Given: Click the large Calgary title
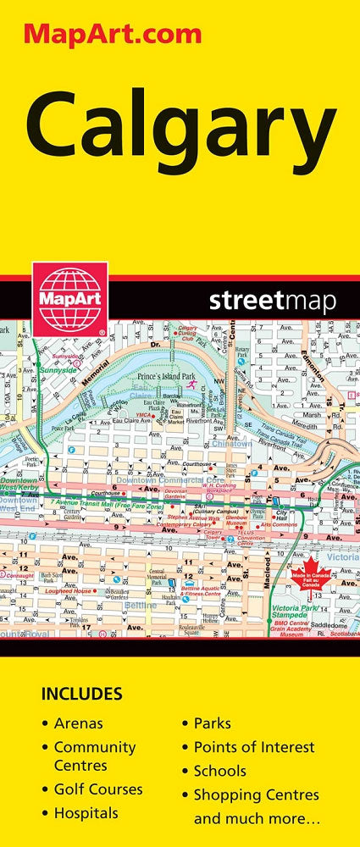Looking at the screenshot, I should coord(180,128).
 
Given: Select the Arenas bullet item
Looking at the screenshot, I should coord(78,723).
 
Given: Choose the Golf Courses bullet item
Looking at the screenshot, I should coord(98,789).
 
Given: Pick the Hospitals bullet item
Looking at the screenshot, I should coord(86,813).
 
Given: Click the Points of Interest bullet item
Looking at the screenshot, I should coord(254,747).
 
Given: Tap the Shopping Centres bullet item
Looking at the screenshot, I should coord(257,794).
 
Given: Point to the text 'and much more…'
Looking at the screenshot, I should coord(245,819).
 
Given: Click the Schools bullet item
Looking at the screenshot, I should coord(220,771).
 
